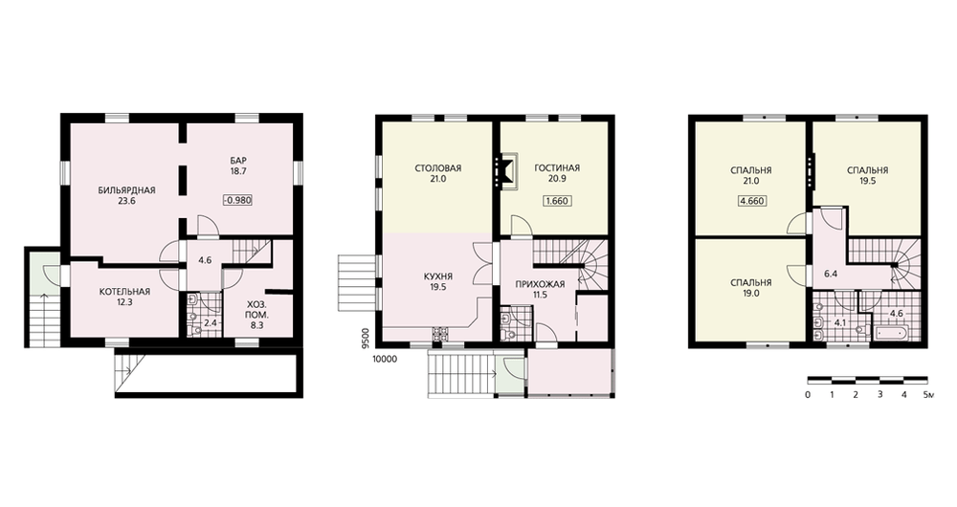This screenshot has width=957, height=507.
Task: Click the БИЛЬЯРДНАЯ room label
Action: (x=127, y=190)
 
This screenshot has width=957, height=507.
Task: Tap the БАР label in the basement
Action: (x=238, y=161)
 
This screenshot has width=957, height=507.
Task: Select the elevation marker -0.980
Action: (x=237, y=200)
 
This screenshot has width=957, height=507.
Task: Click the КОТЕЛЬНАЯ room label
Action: (x=124, y=292)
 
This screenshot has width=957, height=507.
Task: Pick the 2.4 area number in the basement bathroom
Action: (x=210, y=322)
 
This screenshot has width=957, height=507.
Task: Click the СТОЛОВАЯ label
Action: (x=437, y=168)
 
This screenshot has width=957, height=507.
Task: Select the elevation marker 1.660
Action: (x=557, y=201)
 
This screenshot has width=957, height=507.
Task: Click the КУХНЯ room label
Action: (x=438, y=276)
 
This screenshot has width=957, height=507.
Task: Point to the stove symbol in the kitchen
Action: (x=439, y=334)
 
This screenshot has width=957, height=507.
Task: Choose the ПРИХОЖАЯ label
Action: (x=540, y=284)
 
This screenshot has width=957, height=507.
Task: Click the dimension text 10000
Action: (x=385, y=360)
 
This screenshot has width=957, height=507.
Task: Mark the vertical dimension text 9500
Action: (x=366, y=338)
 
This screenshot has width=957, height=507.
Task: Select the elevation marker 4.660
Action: (x=751, y=201)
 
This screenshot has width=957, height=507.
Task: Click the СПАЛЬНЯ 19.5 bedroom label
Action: (x=867, y=176)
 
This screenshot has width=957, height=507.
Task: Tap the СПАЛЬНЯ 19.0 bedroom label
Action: (x=750, y=288)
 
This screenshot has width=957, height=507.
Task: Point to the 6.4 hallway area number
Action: (x=830, y=274)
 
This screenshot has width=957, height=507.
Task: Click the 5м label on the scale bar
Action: (x=929, y=395)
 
